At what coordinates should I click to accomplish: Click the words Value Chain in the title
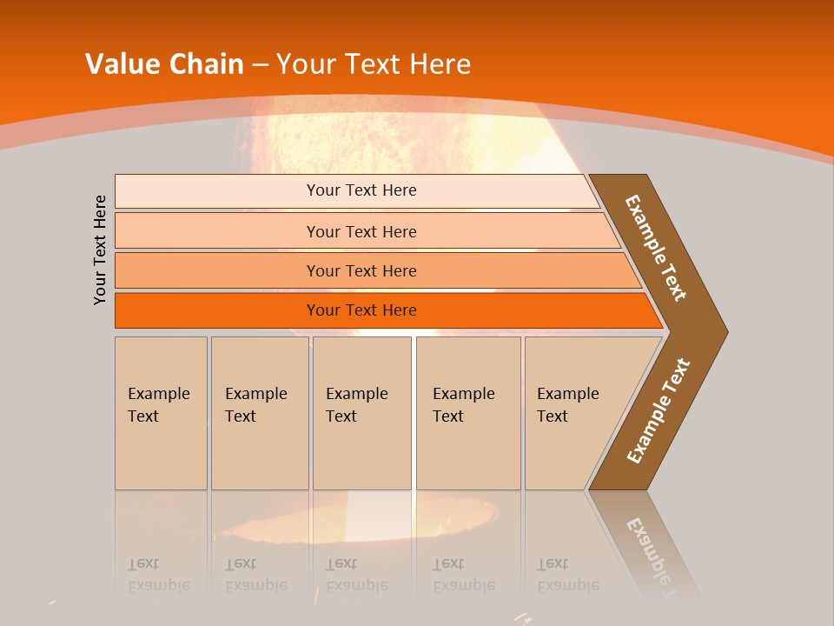click(164, 63)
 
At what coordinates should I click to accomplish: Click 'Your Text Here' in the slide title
click(374, 63)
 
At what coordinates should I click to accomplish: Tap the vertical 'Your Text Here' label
click(100, 250)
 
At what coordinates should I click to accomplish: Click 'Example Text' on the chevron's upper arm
click(656, 248)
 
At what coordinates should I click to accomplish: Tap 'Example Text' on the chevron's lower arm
click(658, 411)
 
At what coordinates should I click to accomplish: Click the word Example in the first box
click(158, 394)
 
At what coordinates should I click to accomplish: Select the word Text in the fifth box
click(553, 416)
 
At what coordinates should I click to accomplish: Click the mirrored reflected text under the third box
click(356, 575)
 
